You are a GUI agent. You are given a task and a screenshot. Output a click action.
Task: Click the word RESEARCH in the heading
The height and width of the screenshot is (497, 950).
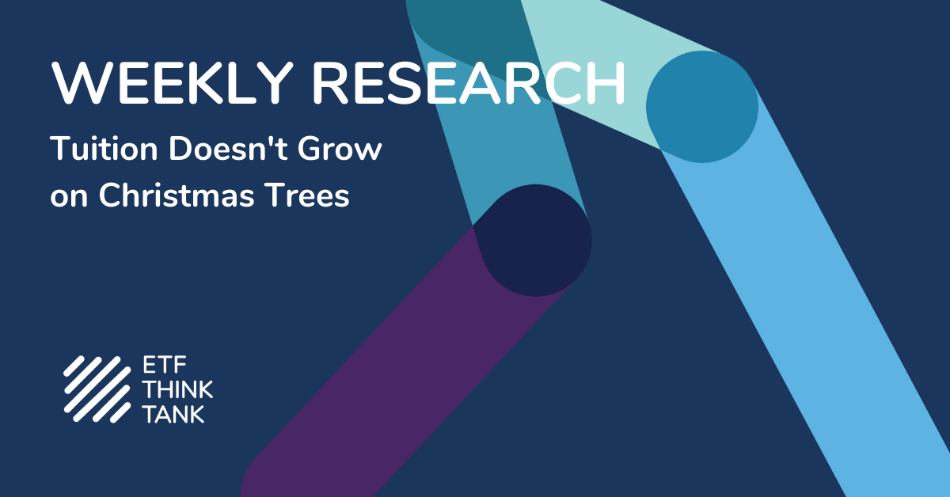coord(469,83)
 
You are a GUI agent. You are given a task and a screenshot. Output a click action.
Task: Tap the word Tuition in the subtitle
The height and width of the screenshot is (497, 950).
coord(104,149)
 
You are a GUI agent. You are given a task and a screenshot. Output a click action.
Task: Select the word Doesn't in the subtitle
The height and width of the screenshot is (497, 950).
coord(228,149)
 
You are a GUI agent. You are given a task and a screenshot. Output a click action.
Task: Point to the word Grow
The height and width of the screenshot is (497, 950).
coord(340,149)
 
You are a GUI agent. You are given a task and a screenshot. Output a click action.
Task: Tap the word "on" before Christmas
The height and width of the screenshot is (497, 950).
coord(69,198)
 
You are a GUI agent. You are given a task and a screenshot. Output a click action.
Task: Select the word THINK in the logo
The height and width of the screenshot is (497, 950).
coord(177,389)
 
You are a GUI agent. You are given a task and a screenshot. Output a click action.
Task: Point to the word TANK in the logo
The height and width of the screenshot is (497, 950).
coord(174,414)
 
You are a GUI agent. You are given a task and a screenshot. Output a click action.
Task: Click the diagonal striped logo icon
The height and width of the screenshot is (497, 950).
coord(97,389)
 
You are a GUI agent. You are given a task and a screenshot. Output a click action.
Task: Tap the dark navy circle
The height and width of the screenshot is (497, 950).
coord(536,241)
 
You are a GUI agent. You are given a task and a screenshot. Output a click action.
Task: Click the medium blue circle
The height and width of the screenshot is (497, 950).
coord(702,107)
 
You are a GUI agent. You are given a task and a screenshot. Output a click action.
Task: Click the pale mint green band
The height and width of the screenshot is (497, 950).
coord(615,63)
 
